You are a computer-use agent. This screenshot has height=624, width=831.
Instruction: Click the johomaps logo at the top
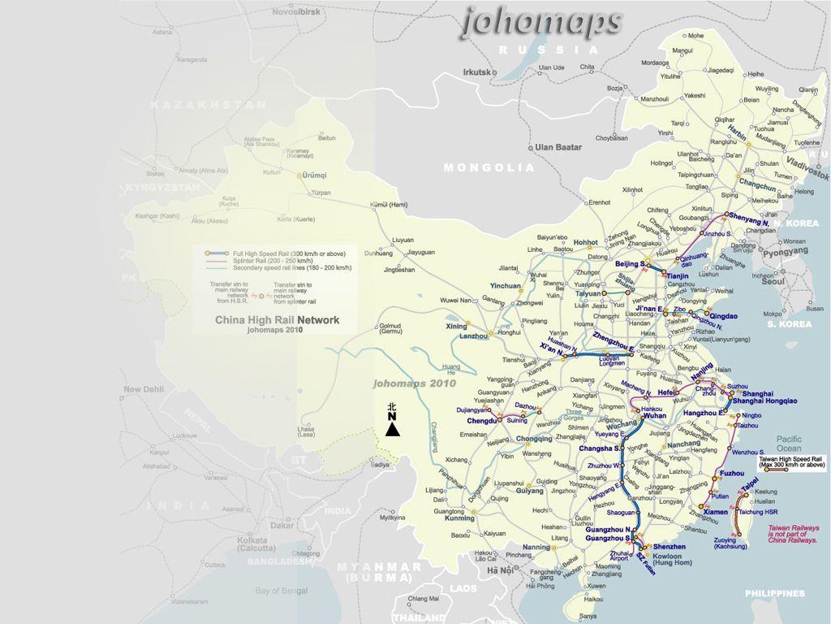click(541, 22)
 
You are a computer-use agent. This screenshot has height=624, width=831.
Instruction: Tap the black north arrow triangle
click(393, 428)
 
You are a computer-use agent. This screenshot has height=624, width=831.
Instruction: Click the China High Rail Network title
click(277, 320)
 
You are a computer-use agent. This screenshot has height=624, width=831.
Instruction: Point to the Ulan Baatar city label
click(558, 147)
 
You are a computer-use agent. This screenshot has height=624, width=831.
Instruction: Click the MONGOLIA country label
click(489, 168)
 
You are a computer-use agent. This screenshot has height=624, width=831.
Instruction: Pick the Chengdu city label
click(482, 422)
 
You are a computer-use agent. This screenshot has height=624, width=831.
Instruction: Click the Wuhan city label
click(654, 415)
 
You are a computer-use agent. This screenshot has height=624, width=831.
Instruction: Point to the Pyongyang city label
click(784, 252)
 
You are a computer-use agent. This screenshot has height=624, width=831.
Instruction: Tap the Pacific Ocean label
click(788, 444)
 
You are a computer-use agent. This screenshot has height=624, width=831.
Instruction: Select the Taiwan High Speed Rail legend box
click(792, 462)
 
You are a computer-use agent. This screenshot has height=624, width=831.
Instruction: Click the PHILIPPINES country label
click(775, 593)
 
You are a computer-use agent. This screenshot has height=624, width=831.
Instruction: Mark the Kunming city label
click(459, 518)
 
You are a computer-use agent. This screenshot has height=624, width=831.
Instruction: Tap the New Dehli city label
click(144, 390)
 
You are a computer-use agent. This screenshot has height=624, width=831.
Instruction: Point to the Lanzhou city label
click(475, 336)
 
